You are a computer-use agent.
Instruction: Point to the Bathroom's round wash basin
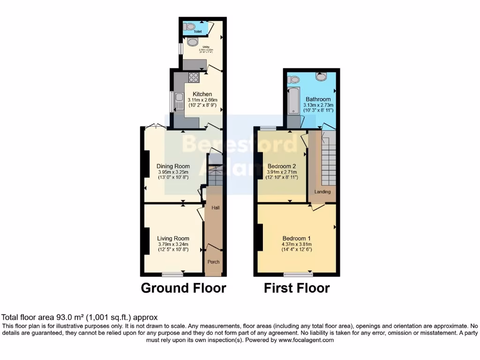tap(321, 76)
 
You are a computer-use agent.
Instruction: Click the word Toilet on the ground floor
tap(191, 32)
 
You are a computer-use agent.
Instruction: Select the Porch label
tap(214, 262)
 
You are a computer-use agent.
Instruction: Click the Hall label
tap(216, 208)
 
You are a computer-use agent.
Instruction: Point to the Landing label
tap(322, 192)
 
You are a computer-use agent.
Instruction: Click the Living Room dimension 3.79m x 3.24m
tap(173, 244)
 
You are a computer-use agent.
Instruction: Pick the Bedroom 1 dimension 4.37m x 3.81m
tap(297, 244)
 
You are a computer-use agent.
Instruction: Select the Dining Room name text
tap(173, 166)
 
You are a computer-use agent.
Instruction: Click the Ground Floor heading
tap(183, 288)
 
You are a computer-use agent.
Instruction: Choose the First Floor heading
tap(297, 288)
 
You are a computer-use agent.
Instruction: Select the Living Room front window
tap(172, 274)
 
